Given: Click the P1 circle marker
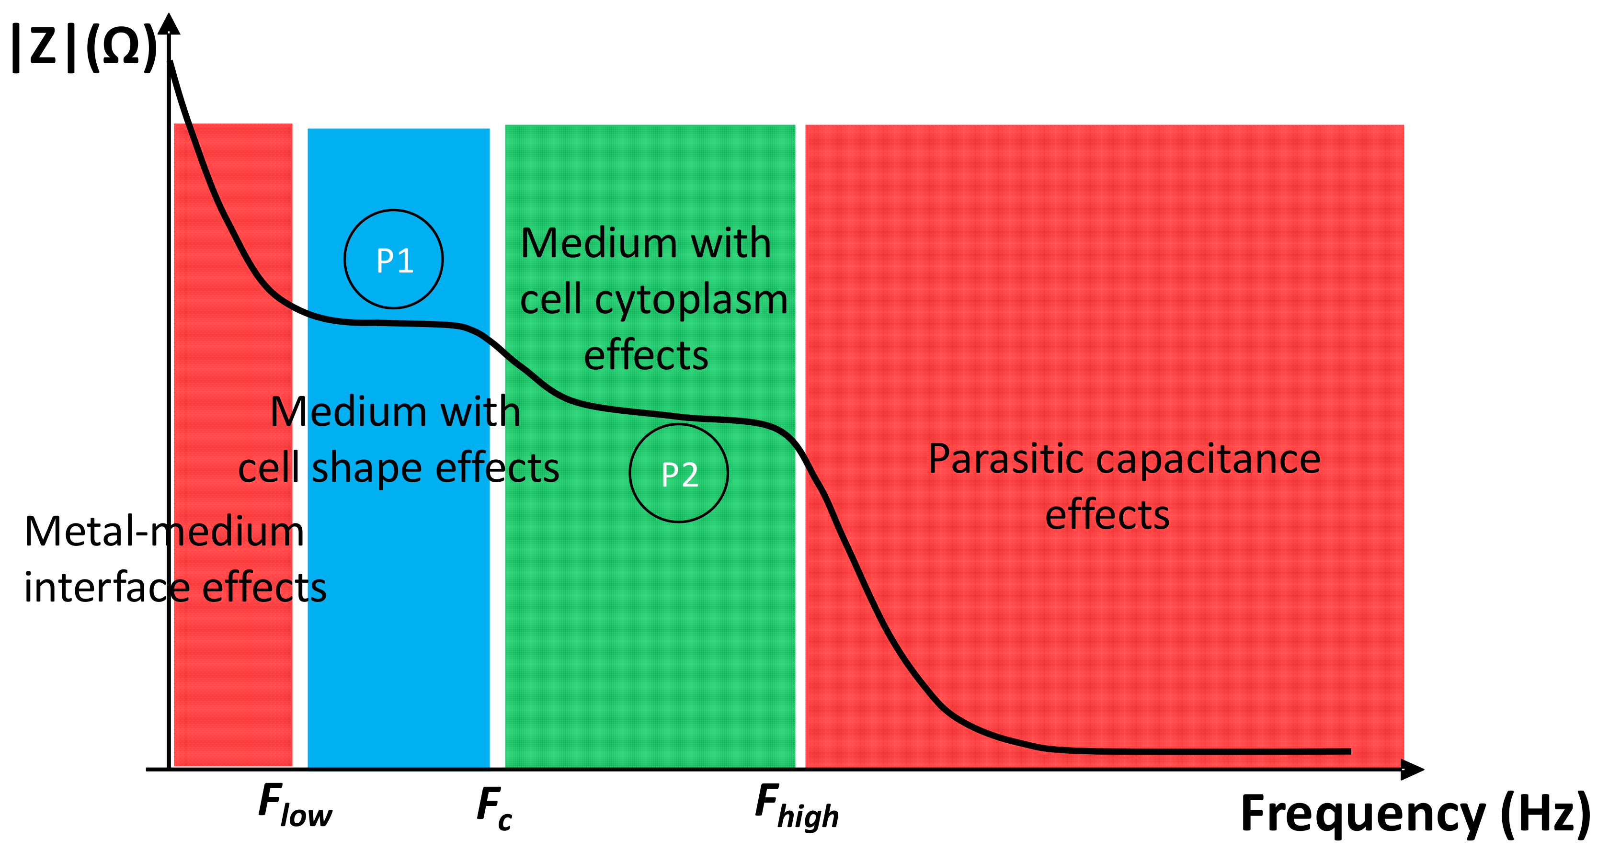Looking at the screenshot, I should pyautogui.click(x=393, y=259).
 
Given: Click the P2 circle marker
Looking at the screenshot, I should pyautogui.click(x=679, y=473).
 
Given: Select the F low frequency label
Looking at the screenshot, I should pyautogui.click(x=295, y=805).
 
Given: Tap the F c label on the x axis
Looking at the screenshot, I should pyautogui.click(x=494, y=807).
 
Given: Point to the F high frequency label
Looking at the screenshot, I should pyautogui.click(x=796, y=805).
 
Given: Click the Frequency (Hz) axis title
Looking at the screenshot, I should pyautogui.click(x=1415, y=814).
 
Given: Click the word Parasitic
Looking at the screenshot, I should pyautogui.click(x=1005, y=460).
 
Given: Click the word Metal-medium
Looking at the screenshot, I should pyautogui.click(x=164, y=532).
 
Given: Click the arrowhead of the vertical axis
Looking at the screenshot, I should pyautogui.click(x=169, y=23).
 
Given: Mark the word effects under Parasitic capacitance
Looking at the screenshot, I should pyautogui.click(x=1107, y=515).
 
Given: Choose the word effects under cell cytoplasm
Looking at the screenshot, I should pyautogui.click(x=646, y=355).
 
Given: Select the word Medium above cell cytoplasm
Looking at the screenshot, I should pyautogui.click(x=599, y=243).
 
